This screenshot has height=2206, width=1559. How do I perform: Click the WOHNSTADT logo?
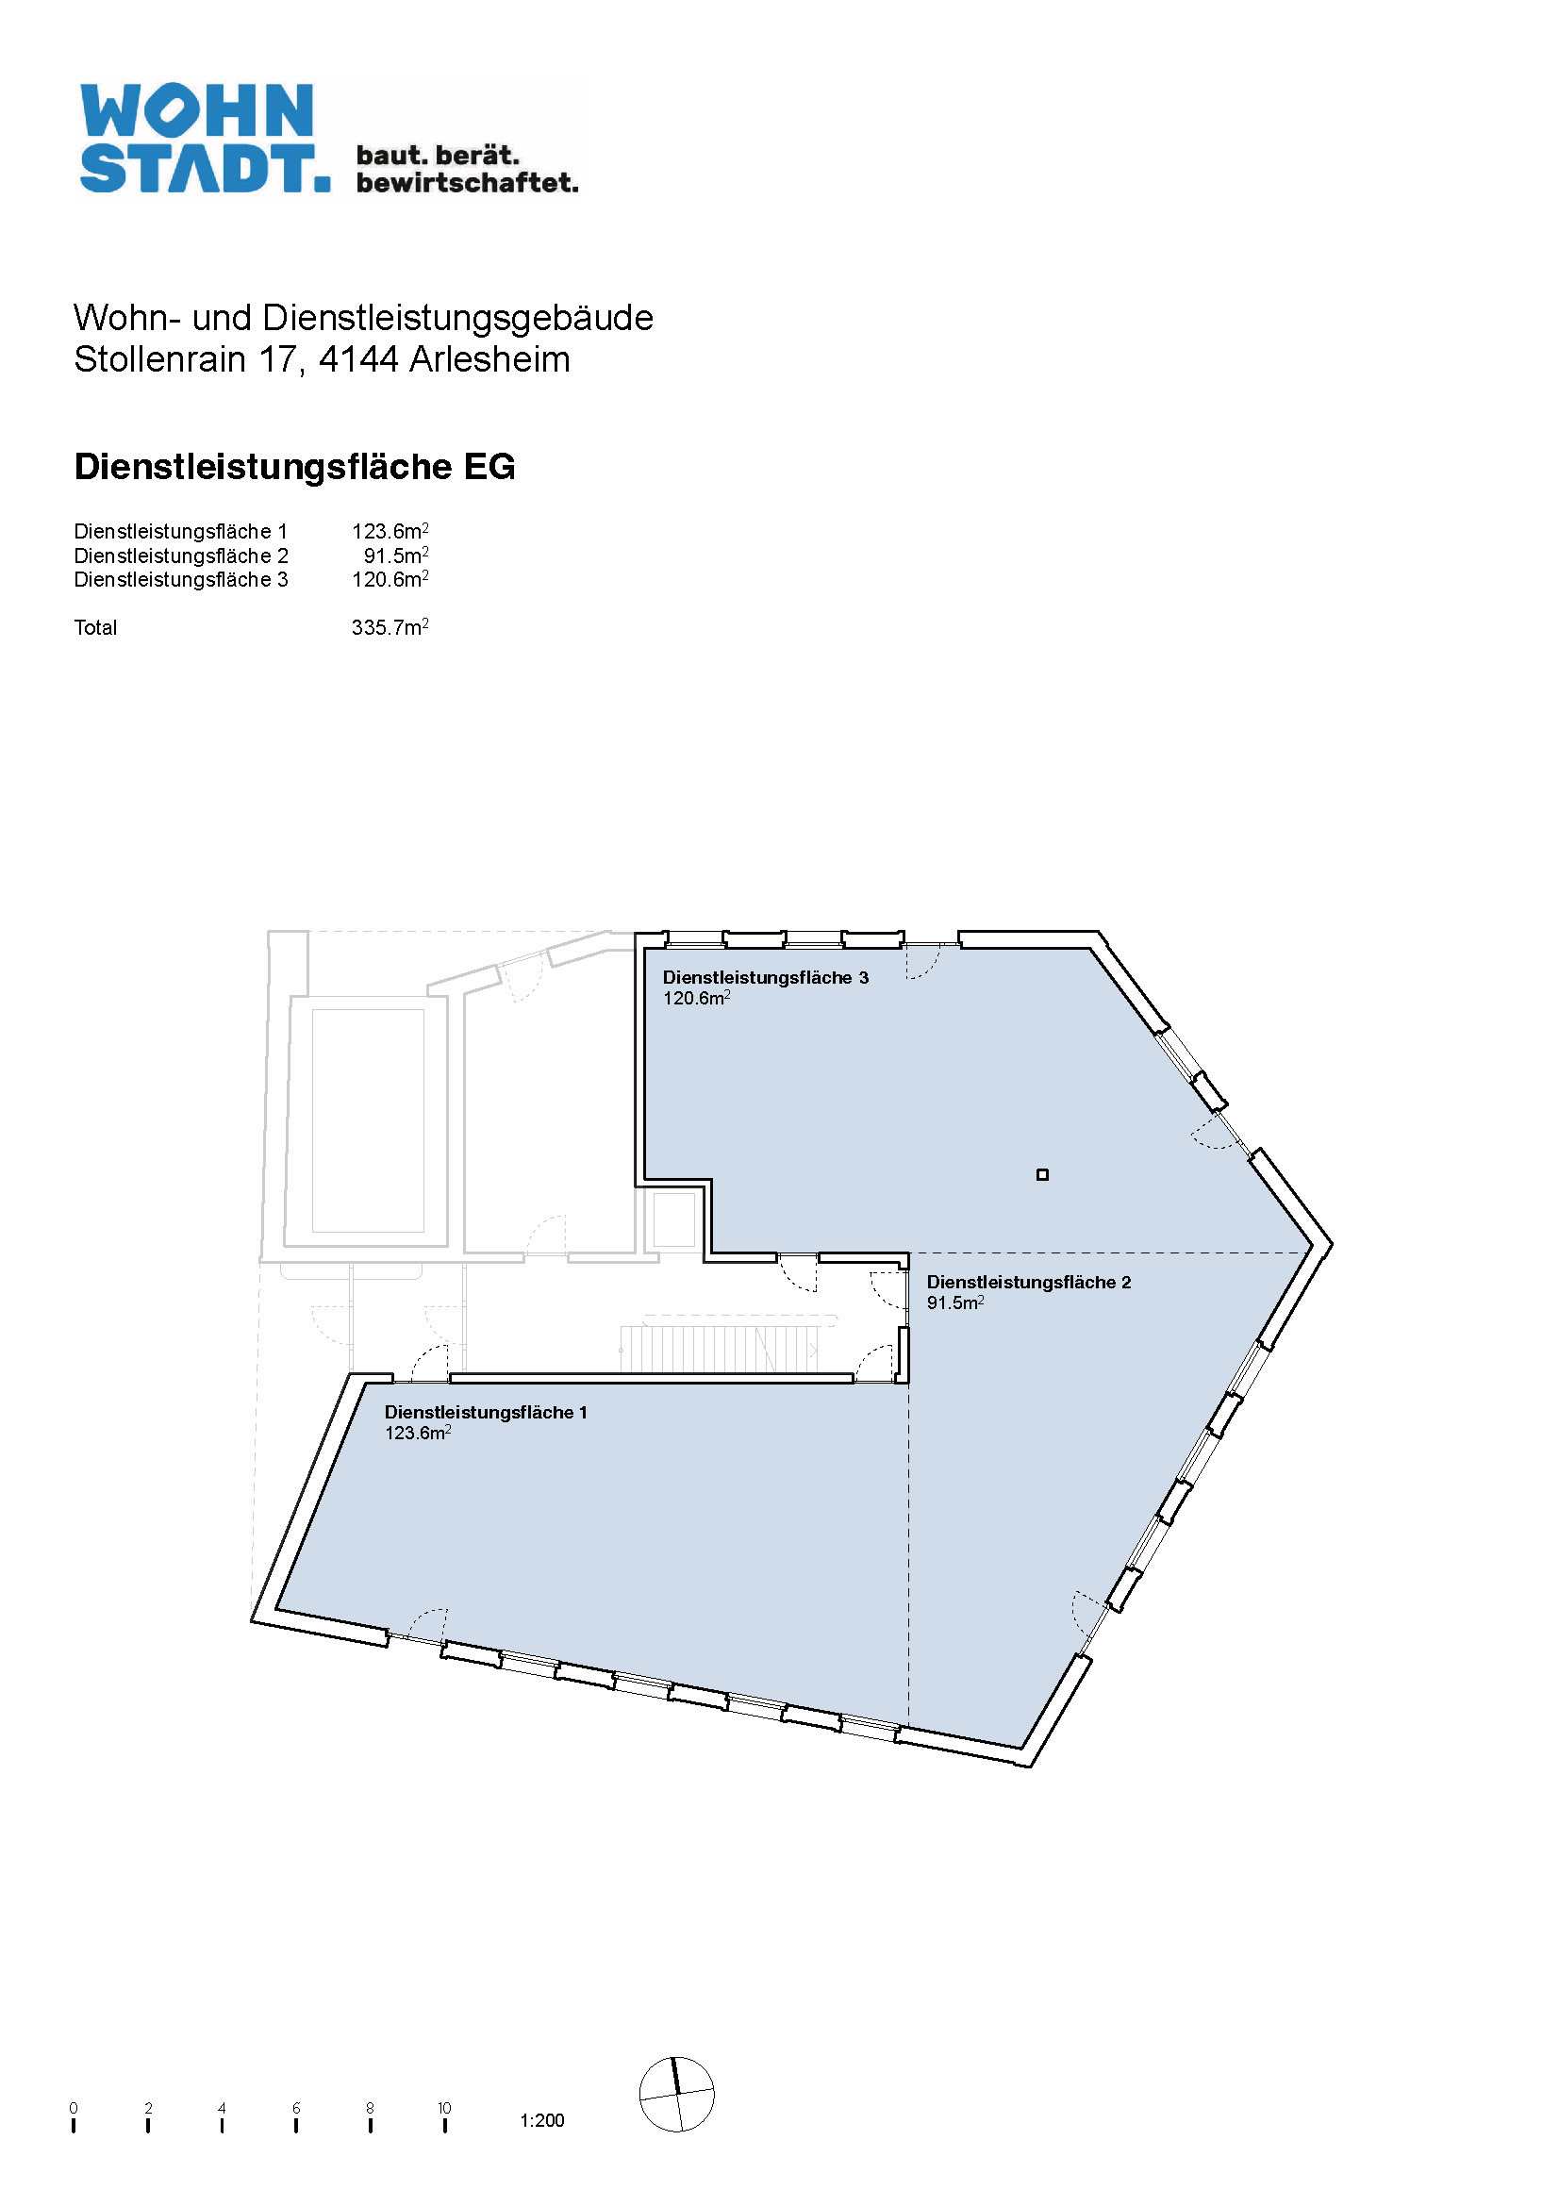[329, 139]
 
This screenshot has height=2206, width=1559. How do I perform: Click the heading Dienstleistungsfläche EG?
[295, 467]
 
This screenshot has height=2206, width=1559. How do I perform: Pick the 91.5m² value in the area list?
[396, 556]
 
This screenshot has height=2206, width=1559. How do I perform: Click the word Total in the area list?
[95, 627]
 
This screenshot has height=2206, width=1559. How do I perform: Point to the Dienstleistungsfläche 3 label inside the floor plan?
[766, 977]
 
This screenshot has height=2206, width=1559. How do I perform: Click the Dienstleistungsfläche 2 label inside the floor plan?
[1029, 1282]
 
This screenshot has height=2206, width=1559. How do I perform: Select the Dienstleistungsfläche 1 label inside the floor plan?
[486, 1412]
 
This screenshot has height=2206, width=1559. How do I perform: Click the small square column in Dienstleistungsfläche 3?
[1042, 1174]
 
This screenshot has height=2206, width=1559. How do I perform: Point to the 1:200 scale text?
[542, 2120]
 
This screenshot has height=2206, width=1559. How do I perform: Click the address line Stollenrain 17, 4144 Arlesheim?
[322, 359]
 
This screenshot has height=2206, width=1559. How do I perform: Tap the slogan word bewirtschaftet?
[468, 183]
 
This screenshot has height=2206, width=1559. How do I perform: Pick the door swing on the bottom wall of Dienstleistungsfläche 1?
[427, 1625]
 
